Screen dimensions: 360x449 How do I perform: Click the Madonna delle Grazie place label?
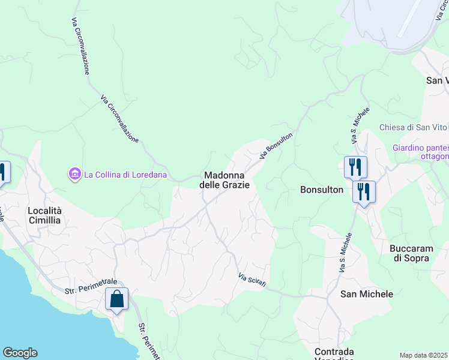[x=224, y=180]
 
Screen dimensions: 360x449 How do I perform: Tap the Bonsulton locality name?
[x=322, y=190]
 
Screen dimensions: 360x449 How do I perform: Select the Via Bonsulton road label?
[x=276, y=146]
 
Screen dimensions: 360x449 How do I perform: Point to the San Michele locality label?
[x=366, y=294]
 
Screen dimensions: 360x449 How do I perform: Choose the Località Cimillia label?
[x=44, y=215]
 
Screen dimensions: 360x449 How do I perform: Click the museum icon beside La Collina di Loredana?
[x=75, y=175]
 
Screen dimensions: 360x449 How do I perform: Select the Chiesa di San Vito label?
[x=413, y=127]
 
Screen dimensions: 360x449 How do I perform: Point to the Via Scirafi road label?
[x=252, y=280]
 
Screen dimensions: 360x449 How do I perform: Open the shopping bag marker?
[x=116, y=298]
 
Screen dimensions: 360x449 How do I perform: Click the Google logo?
[x=20, y=353]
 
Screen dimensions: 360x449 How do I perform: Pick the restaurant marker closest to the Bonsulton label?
[x=364, y=192]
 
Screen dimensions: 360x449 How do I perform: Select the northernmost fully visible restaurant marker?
[x=355, y=167]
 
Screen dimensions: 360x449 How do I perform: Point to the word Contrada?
[x=334, y=352]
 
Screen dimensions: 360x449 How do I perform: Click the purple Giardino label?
[x=420, y=148]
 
